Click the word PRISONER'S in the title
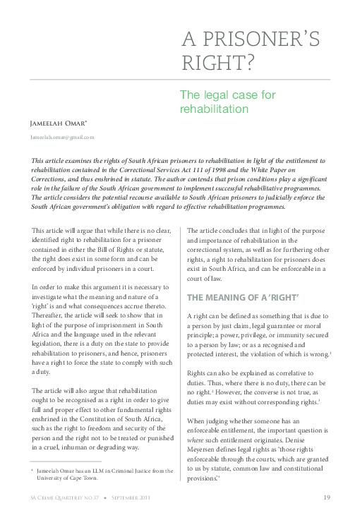267,40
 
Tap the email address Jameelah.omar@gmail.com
62,137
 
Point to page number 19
327,497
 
